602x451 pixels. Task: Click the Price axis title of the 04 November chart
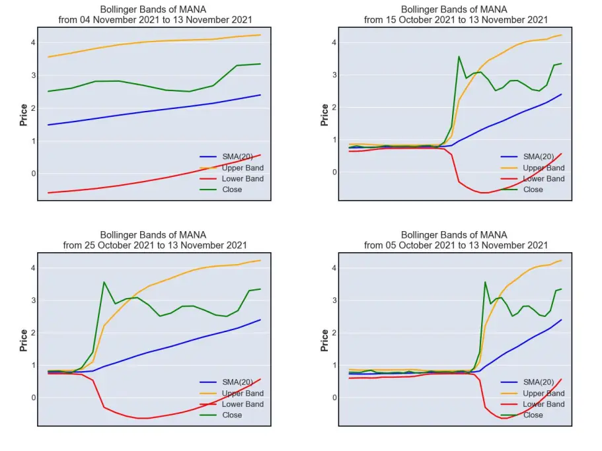coord(23,115)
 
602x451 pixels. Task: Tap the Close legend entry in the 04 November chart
coord(221,190)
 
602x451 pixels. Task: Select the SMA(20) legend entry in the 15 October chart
coord(527,156)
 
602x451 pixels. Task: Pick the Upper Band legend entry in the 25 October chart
coord(231,393)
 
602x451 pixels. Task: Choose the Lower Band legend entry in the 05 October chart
coord(533,404)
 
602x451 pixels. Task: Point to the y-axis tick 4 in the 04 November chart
coord(34,42)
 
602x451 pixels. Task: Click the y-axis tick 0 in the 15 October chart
coord(334,172)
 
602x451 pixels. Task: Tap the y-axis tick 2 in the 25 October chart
coord(34,333)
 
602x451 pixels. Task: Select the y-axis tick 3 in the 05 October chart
coord(334,300)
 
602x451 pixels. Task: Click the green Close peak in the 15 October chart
coord(459,56)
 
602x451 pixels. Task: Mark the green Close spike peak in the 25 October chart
coord(104,282)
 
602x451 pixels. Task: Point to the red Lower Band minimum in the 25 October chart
coord(143,418)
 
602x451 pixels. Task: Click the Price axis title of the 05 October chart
coord(324,340)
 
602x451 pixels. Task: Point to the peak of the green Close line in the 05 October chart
coord(485,282)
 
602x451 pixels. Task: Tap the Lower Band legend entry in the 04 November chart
coord(231,178)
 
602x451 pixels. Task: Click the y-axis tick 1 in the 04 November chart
coord(34,141)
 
